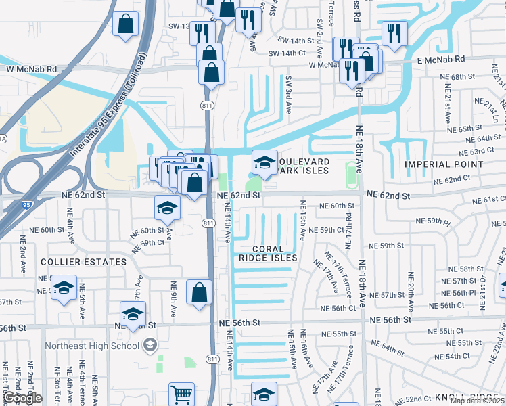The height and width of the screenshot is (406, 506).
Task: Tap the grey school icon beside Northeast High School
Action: tap(149, 346)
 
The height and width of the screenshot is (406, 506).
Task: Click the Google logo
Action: tap(22, 398)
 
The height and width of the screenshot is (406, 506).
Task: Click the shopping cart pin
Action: tap(181, 394)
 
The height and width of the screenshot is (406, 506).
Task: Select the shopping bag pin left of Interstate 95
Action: tap(126, 24)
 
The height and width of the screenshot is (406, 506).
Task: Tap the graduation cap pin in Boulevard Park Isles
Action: tap(264, 162)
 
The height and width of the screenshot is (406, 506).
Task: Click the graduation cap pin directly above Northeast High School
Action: tap(133, 313)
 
